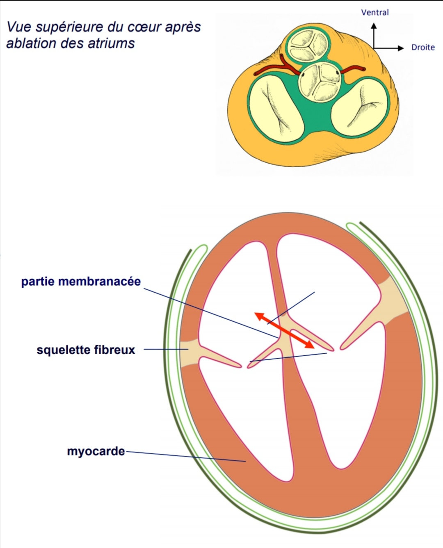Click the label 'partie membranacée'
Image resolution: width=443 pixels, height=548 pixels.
pyautogui.click(x=81, y=282)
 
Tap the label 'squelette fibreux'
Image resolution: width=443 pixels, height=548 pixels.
pyautogui.click(x=86, y=350)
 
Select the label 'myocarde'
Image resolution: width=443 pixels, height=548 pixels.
pyautogui.click(x=96, y=451)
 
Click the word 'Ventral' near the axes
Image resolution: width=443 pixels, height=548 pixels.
pyautogui.click(x=375, y=12)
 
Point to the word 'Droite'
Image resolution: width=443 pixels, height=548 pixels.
pyautogui.click(x=423, y=48)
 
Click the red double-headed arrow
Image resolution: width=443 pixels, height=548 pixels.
pyautogui.click(x=284, y=330)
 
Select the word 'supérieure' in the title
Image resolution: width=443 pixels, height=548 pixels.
pyautogui.click(x=69, y=27)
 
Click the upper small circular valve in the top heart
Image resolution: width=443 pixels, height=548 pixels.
pyautogui.click(x=308, y=45)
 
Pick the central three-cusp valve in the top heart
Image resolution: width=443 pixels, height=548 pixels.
pyautogui.click(x=320, y=81)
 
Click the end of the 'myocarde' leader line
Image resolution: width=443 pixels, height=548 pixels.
pyautogui.click(x=245, y=462)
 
